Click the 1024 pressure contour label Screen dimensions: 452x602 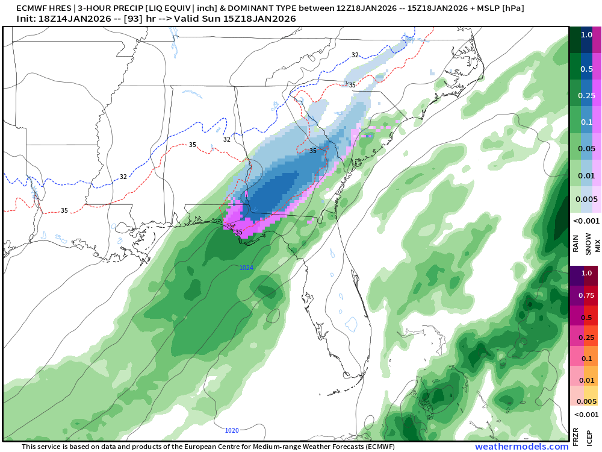tap(246, 267)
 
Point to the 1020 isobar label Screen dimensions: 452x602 tap(231, 430)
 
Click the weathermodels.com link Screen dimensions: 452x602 tap(521, 447)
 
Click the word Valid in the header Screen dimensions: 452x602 tap(188, 19)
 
